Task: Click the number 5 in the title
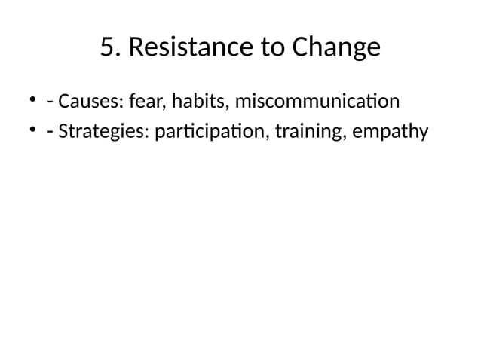pos(107,48)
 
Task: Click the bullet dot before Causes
pos(32,99)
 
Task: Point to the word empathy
pos(391,133)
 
